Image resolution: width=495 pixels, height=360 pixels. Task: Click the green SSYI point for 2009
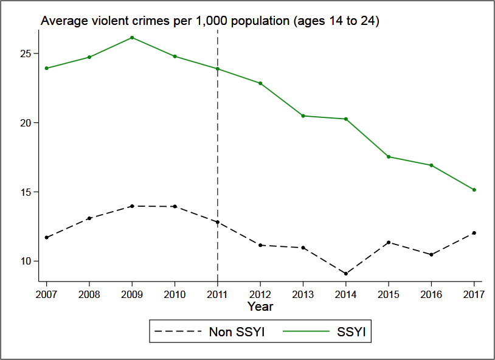pyautogui.click(x=132, y=38)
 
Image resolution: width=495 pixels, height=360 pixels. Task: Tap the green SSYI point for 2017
pyautogui.click(x=474, y=190)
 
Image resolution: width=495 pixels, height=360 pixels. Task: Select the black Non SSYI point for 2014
pyautogui.click(x=345, y=274)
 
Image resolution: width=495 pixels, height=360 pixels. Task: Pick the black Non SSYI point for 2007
pyautogui.click(x=47, y=237)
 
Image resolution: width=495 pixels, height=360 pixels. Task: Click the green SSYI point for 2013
pyautogui.click(x=303, y=116)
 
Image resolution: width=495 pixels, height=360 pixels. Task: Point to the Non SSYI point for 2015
pyautogui.click(x=389, y=243)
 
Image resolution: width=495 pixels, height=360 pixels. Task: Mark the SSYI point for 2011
pyautogui.click(x=218, y=69)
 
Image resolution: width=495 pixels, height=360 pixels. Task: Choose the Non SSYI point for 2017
pyautogui.click(x=474, y=233)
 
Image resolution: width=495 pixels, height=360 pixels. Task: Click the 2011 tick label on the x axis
pyautogui.click(x=218, y=295)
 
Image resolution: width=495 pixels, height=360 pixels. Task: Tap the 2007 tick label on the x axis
pyautogui.click(x=47, y=295)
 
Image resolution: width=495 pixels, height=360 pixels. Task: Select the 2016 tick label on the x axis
pyautogui.click(x=431, y=295)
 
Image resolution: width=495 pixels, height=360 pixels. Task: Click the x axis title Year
pyautogui.click(x=260, y=306)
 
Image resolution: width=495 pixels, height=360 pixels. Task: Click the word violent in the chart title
pyautogui.click(x=106, y=21)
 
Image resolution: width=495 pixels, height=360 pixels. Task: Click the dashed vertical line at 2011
pyautogui.click(x=218, y=152)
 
